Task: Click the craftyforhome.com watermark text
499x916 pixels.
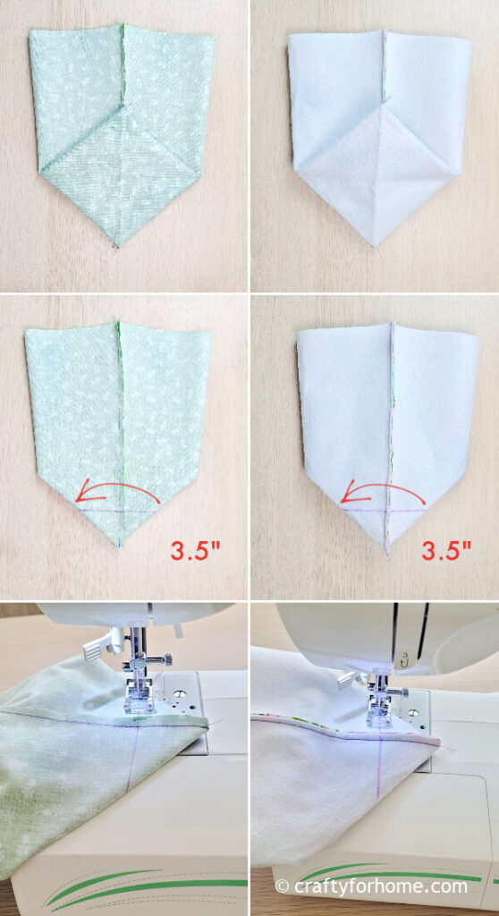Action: tap(380, 886)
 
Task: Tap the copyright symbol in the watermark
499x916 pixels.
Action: tap(283, 886)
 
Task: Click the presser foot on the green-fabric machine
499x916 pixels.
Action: tap(140, 704)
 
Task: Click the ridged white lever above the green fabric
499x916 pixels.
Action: tap(96, 649)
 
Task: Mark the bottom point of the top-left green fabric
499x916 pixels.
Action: tap(117, 247)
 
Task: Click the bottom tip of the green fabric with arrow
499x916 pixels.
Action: tap(119, 547)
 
